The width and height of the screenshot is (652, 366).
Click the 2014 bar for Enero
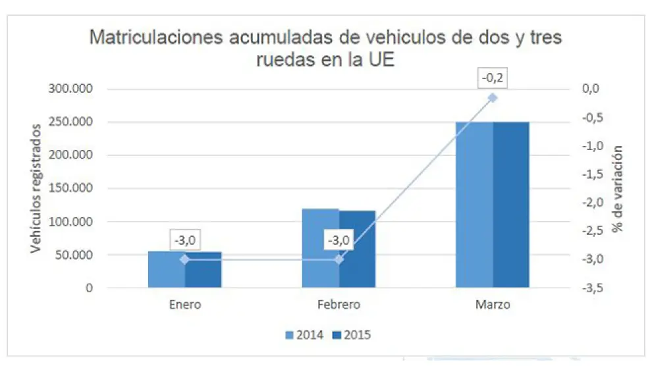click(x=166, y=270)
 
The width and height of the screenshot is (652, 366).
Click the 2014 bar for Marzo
click(x=474, y=205)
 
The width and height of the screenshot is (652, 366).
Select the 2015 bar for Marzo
click(x=511, y=205)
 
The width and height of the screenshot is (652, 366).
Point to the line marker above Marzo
click(x=493, y=98)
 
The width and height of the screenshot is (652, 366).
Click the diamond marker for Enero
click(x=184, y=259)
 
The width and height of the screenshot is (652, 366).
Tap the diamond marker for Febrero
click(x=339, y=259)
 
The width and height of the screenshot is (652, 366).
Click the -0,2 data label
click(x=493, y=80)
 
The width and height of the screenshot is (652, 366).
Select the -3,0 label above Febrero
click(x=339, y=241)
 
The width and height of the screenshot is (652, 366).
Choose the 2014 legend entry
click(x=304, y=335)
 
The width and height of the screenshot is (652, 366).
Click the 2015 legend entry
click(x=352, y=335)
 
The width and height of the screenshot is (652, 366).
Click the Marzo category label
click(x=493, y=305)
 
